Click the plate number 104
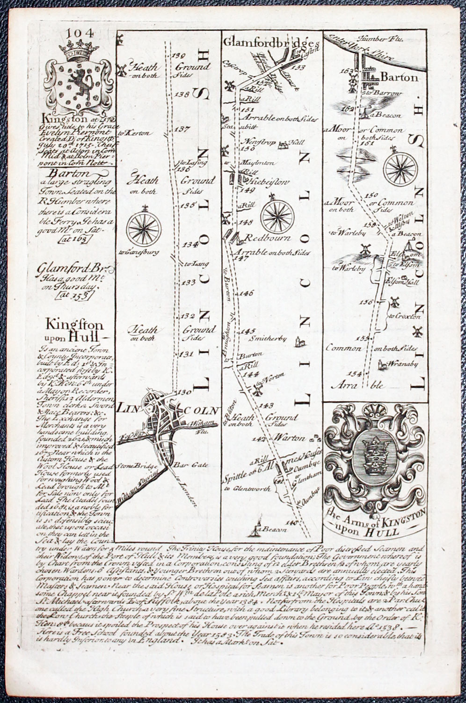(x=80, y=33)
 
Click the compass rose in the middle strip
(x=276, y=215)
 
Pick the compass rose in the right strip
(x=400, y=167)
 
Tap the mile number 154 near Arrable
(x=356, y=373)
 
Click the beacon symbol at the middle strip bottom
(x=255, y=528)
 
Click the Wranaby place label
(x=400, y=362)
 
